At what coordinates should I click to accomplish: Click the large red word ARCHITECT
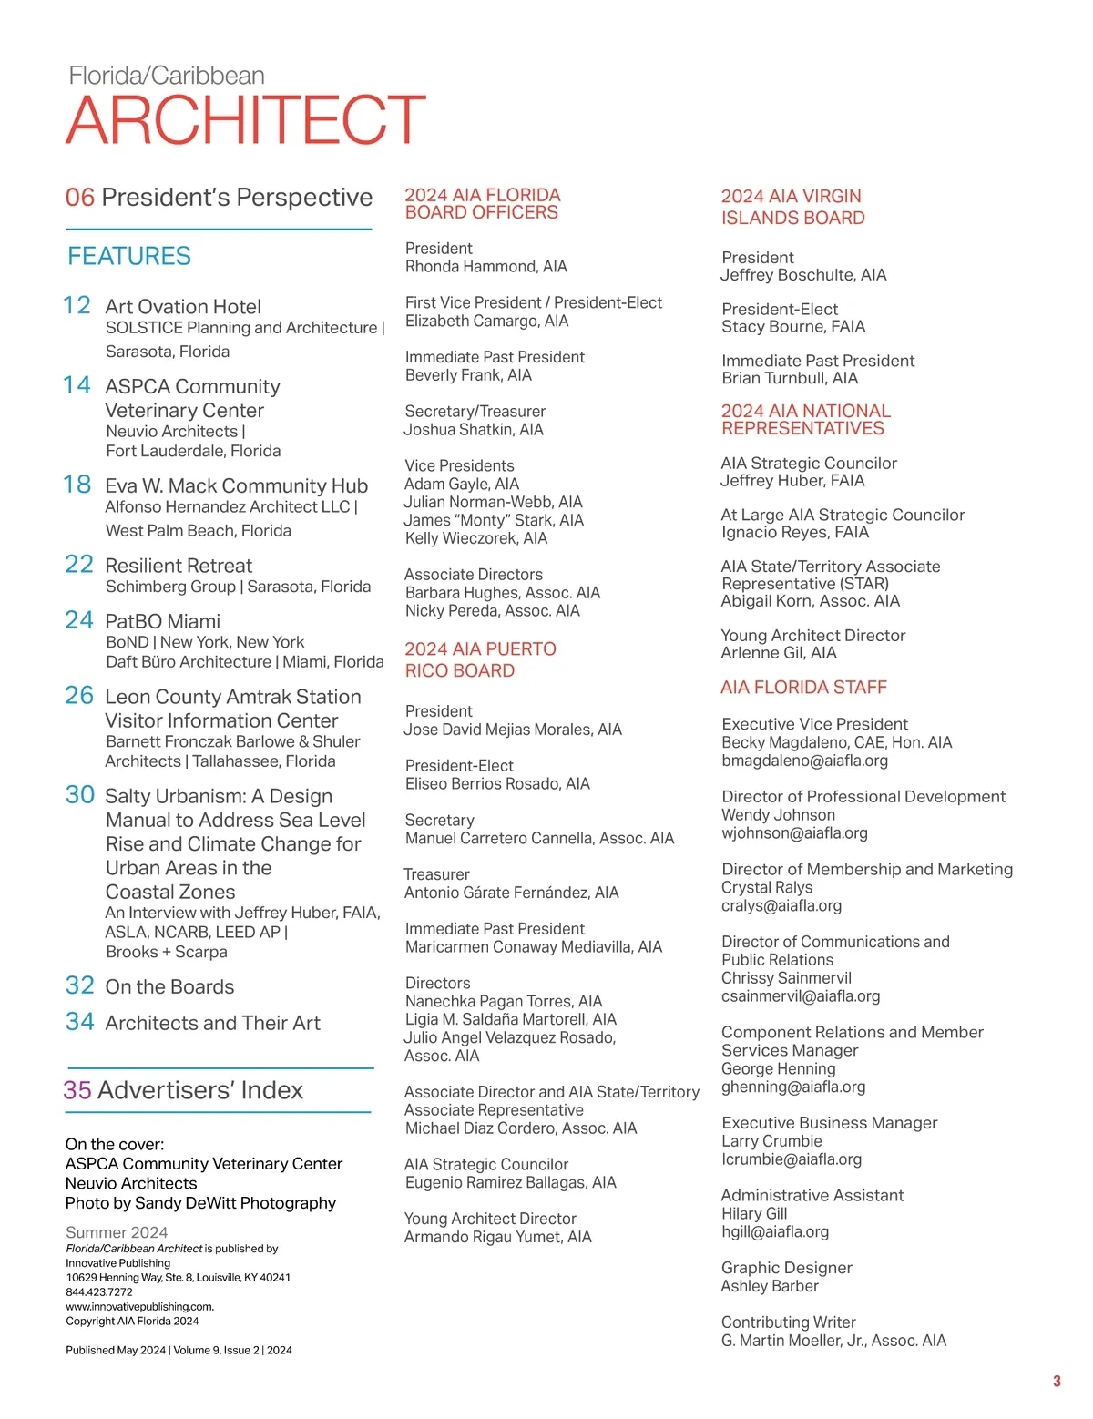pos(246,119)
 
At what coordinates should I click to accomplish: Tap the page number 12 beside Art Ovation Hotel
pos(77,305)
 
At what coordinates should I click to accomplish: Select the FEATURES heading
pos(129,256)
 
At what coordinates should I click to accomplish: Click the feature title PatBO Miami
pos(163,621)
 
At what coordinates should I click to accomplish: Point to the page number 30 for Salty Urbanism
pos(80,795)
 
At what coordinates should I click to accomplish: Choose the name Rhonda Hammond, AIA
pos(486,266)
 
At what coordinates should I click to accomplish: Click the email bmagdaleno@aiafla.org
pos(804,761)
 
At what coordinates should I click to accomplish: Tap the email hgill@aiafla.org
pos(775,1231)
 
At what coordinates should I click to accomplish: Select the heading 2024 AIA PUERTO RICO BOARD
pos(480,659)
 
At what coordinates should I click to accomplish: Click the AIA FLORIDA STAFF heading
pos(803,688)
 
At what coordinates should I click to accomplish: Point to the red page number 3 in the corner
pos(1057,1382)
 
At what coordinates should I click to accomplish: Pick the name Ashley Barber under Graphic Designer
pos(770,1286)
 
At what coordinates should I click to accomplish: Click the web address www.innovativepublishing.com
pos(139,1306)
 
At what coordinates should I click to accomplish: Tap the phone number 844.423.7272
pos(99,1291)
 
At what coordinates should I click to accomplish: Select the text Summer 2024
pos(117,1232)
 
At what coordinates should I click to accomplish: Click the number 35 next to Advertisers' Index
pos(77,1090)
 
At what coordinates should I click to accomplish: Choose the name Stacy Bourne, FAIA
pos(793,326)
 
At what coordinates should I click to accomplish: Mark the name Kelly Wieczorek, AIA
pos(476,538)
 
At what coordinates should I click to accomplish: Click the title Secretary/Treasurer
pos(475,412)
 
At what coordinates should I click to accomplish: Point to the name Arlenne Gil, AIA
pos(779,653)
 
